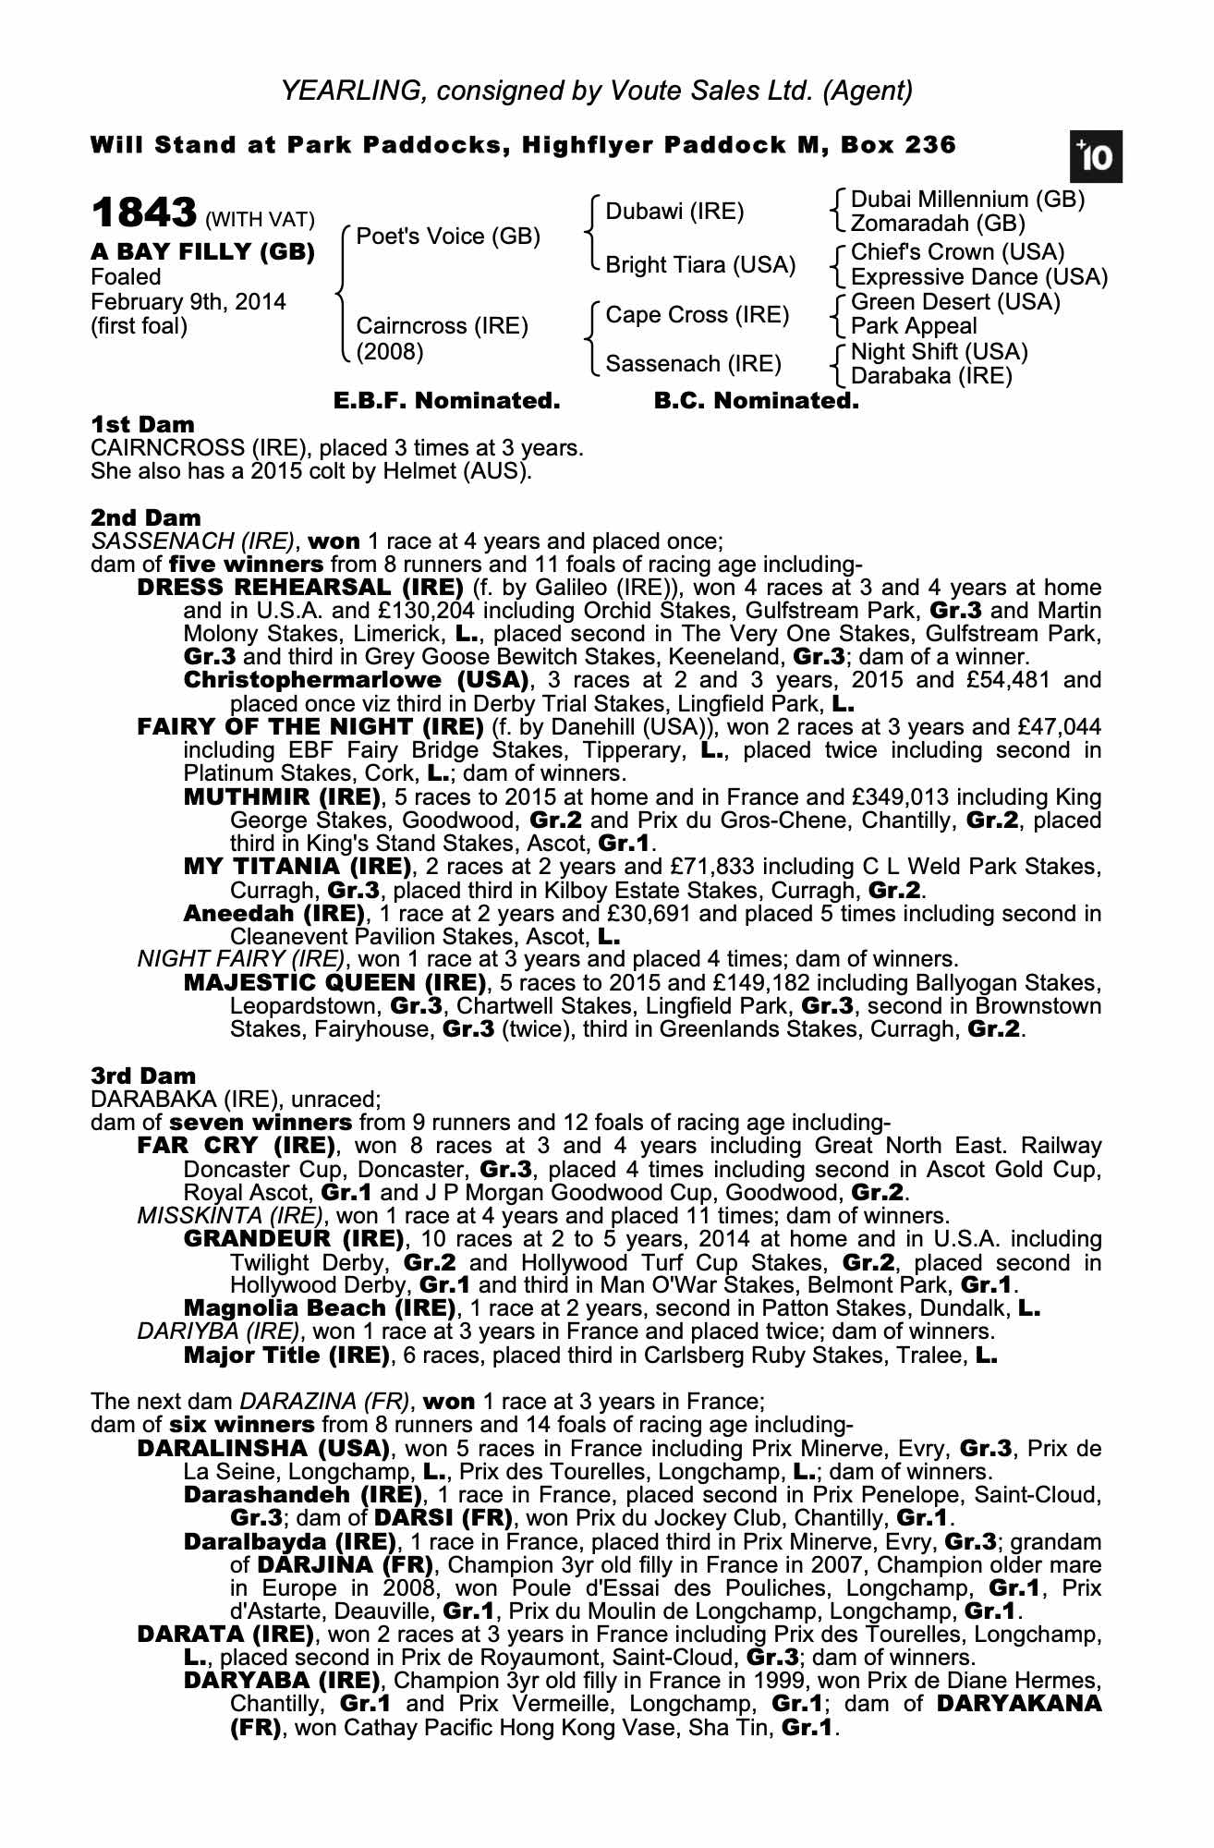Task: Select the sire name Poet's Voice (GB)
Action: (x=448, y=237)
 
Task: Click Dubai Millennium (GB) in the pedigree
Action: (x=967, y=200)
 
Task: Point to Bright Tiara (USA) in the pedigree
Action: (x=700, y=265)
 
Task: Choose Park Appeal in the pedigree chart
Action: (x=913, y=326)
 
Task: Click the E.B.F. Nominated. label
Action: (x=446, y=401)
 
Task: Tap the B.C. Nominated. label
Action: (x=756, y=401)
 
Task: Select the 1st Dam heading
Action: (x=142, y=425)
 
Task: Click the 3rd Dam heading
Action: (x=143, y=1076)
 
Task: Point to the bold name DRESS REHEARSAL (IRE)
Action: (x=300, y=588)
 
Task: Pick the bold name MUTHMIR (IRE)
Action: (x=282, y=796)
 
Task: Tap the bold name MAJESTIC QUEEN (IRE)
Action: (x=335, y=982)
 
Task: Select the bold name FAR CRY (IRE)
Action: (x=235, y=1146)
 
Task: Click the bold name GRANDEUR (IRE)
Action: (x=294, y=1238)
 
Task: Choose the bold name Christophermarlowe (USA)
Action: (x=356, y=680)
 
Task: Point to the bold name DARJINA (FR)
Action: (x=345, y=1564)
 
